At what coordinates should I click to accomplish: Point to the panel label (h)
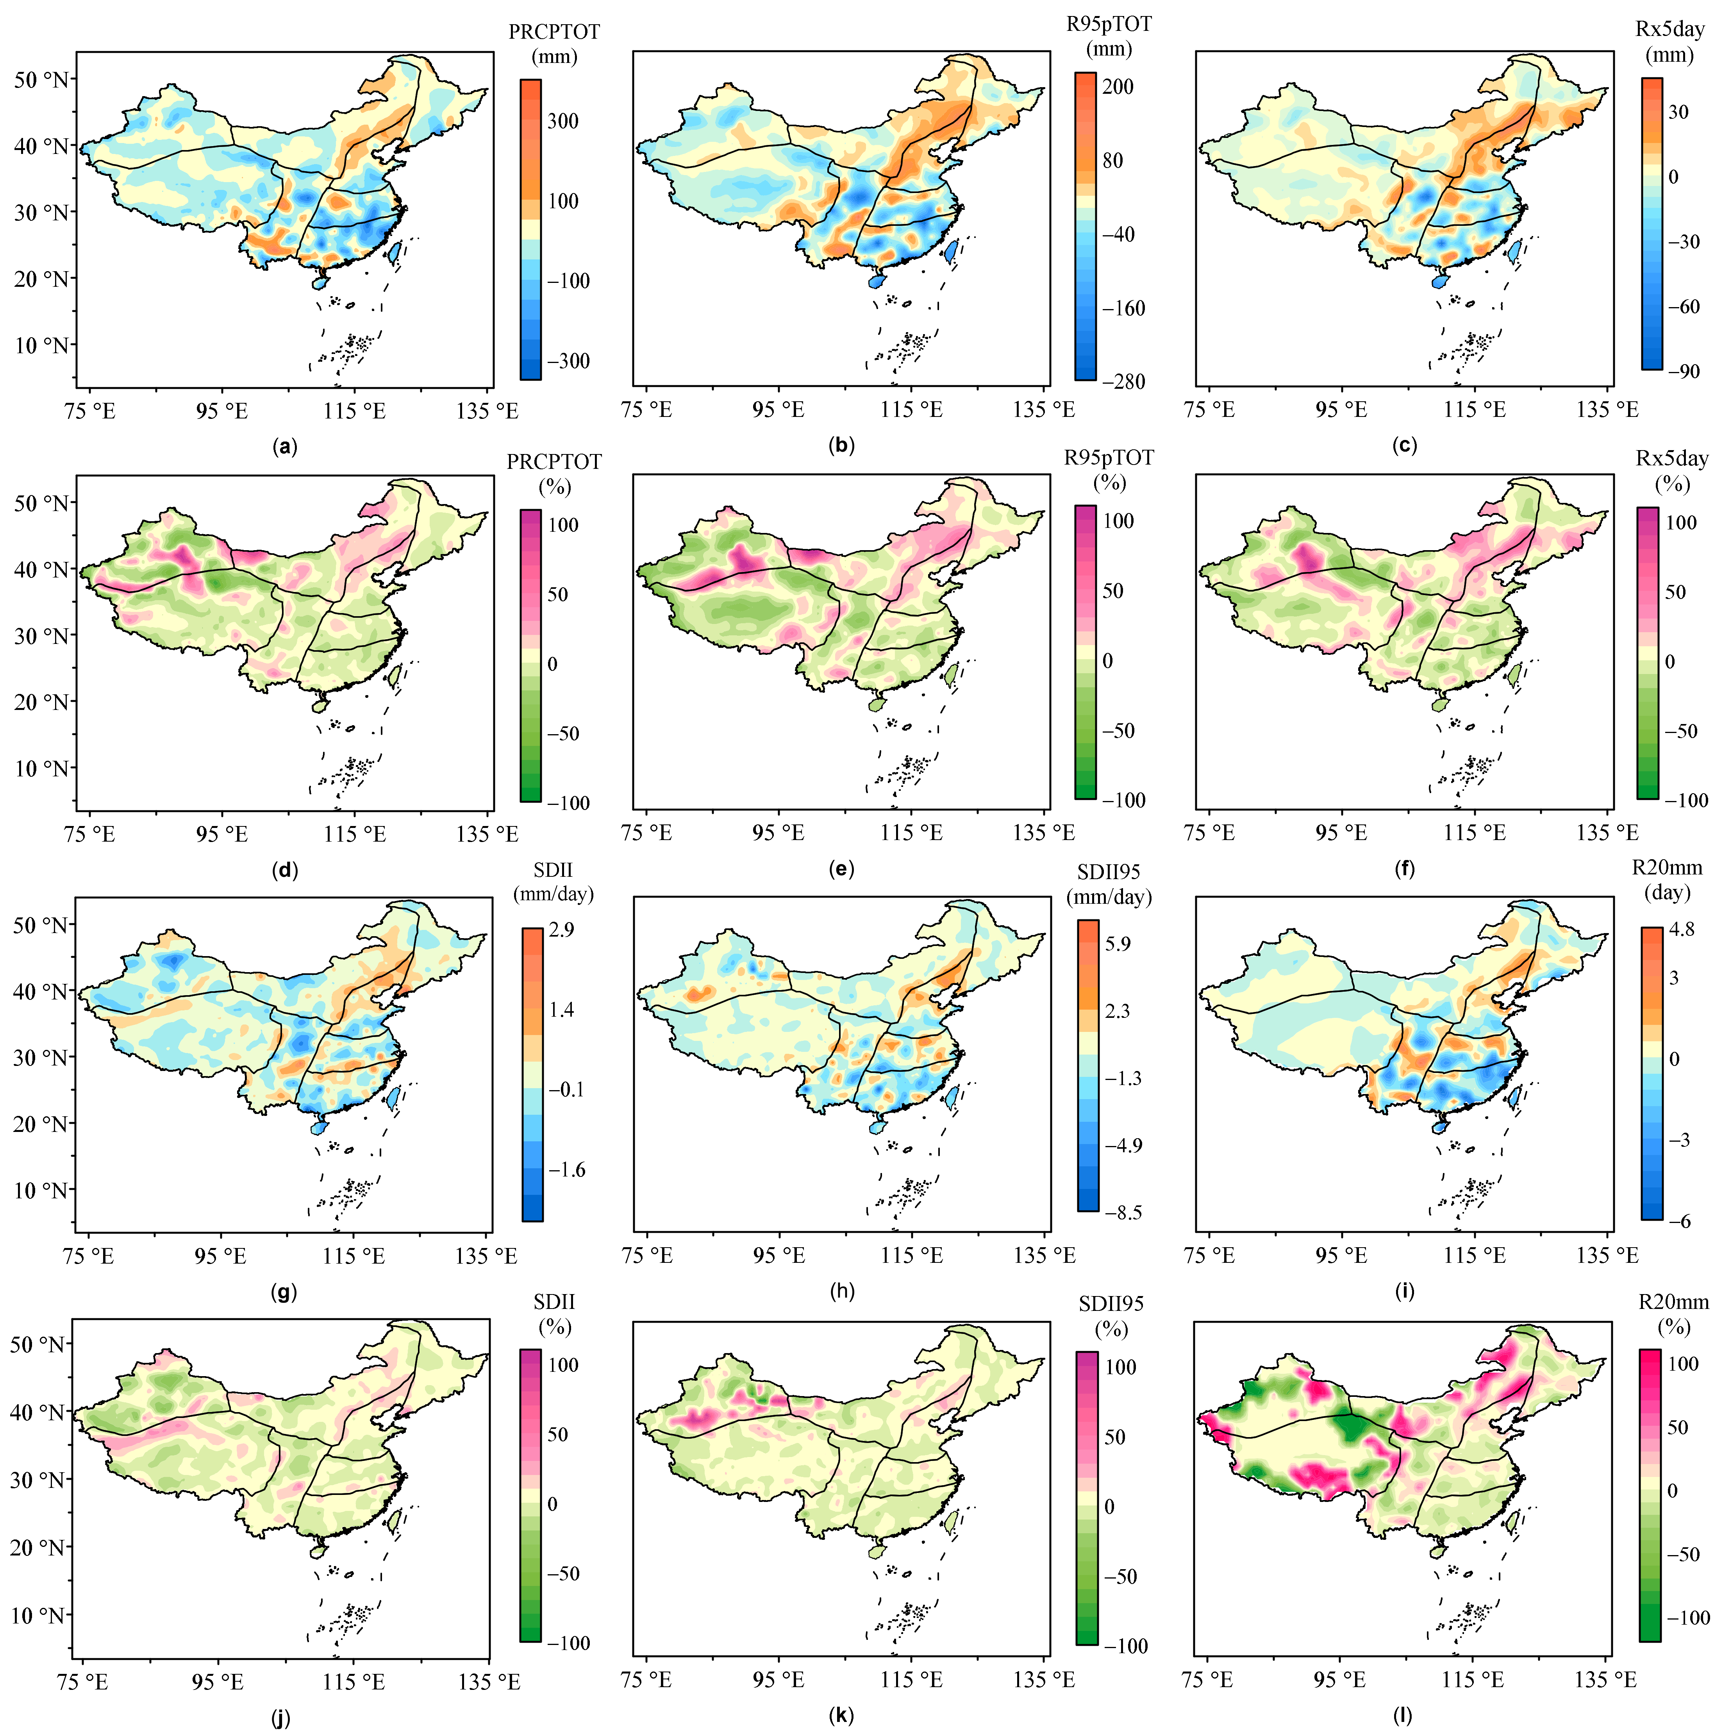pos(842,1291)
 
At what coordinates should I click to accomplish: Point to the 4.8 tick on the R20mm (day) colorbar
pos(1682,929)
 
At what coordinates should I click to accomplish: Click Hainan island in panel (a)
pos(318,282)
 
